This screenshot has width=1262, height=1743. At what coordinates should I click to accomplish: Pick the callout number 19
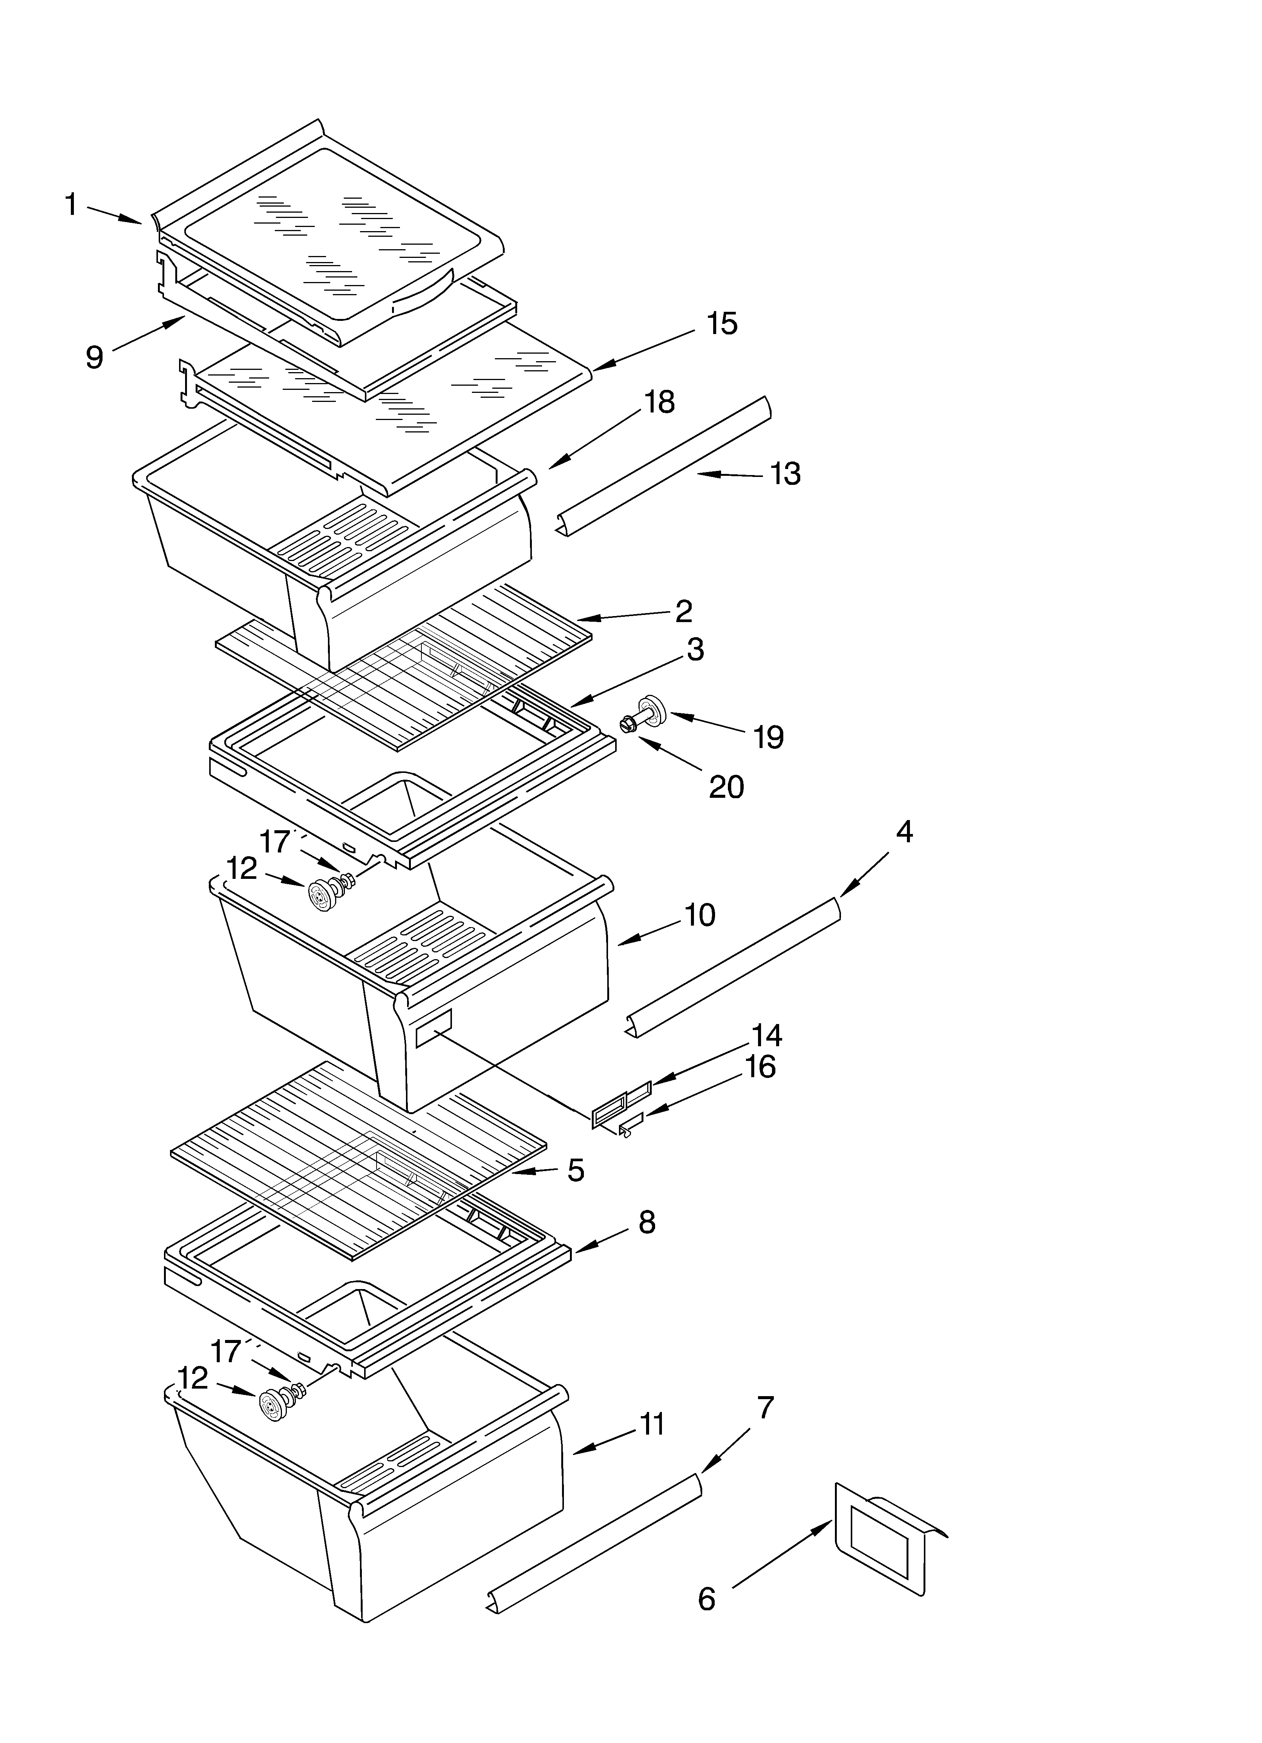(x=768, y=737)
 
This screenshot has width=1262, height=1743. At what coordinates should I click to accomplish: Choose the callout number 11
(x=652, y=1424)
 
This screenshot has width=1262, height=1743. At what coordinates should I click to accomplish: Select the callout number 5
(x=576, y=1170)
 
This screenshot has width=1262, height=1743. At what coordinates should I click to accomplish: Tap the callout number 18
(x=659, y=402)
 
